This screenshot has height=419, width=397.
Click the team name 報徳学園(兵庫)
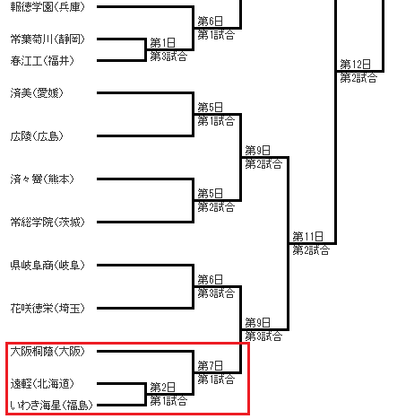coord(47,7)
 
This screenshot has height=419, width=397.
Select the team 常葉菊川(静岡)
coord(47,39)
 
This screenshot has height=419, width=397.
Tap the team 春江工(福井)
coord(42,61)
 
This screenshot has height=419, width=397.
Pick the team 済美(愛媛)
coord(37,93)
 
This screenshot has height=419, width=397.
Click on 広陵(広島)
coord(37,136)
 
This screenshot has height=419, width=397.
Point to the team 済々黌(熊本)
coord(42,179)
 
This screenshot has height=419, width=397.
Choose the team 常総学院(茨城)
coord(47,223)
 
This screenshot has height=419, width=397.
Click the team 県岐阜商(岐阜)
coord(47,266)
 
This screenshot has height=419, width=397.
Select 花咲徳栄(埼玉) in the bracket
coord(47,309)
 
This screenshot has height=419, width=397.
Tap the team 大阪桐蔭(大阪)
coord(47,352)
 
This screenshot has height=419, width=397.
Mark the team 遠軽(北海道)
coord(42,384)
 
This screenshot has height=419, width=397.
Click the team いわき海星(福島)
coord(51,406)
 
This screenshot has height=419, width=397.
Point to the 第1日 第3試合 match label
coord(168,49)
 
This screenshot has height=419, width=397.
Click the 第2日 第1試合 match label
coord(168,394)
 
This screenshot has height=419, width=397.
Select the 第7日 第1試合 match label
coord(216,372)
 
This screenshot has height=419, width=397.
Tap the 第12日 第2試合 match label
coord(358,71)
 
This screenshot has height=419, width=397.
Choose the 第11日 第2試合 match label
coord(311,243)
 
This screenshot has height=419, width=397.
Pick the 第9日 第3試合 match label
coord(263,329)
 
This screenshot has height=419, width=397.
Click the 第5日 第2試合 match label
coord(216,200)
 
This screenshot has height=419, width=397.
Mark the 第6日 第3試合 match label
coord(216,286)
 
